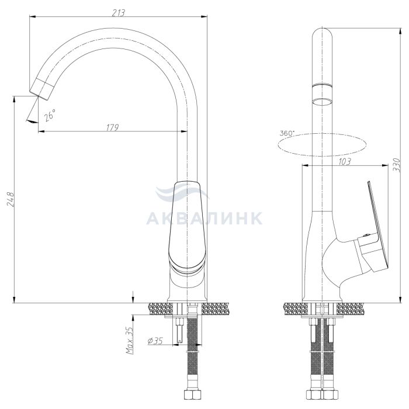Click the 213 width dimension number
point(119,12)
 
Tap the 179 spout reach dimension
point(112,127)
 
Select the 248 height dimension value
point(11,199)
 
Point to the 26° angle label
point(50,115)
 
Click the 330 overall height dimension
point(396,165)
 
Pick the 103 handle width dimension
point(344,162)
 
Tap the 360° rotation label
point(287,133)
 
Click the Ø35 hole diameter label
point(155,341)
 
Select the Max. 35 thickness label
point(130,340)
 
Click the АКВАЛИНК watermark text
point(204,218)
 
